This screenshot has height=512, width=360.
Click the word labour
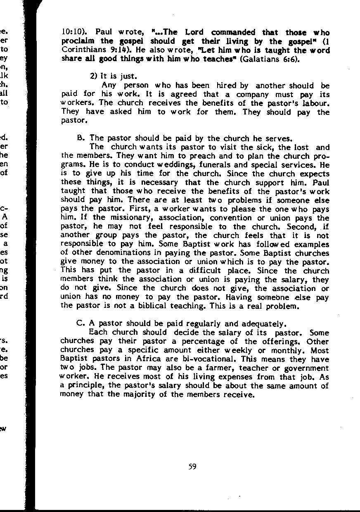tap(317, 103)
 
